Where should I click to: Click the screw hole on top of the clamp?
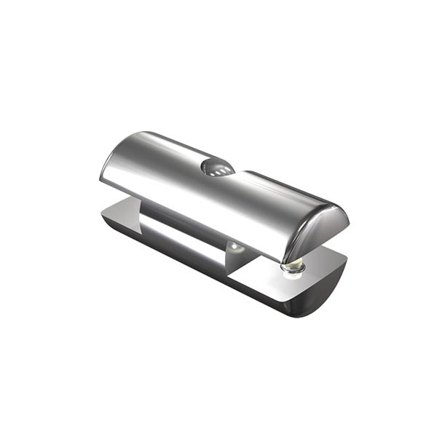(217, 168)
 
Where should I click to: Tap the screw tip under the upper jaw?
(291, 268)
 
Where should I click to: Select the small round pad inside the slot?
(235, 247)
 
